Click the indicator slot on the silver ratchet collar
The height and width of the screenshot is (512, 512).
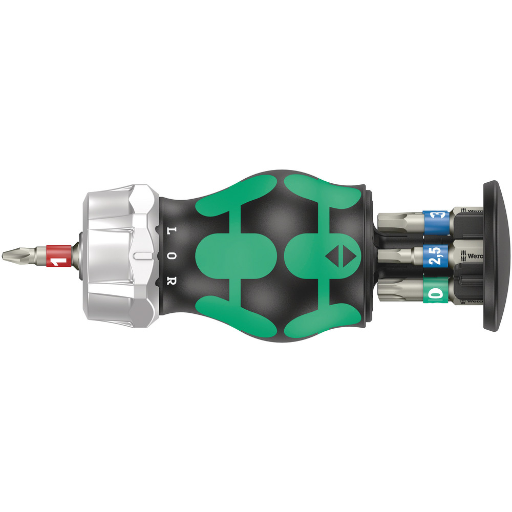(144, 254)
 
